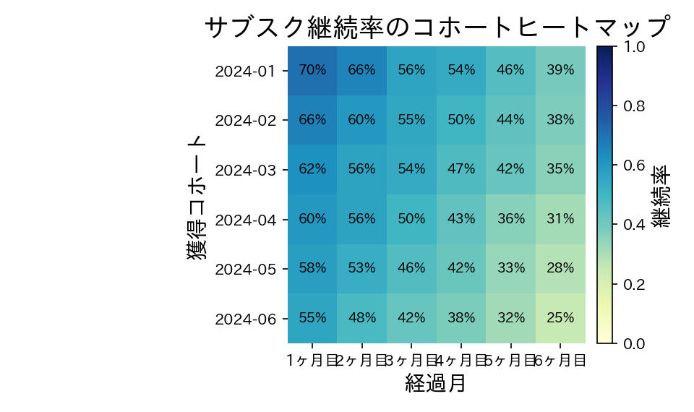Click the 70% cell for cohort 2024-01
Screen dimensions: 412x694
point(312,70)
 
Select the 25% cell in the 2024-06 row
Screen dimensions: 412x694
point(560,318)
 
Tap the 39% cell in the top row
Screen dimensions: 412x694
point(560,70)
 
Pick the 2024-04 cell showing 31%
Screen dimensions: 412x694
point(560,219)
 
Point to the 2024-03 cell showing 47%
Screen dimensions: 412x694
point(461,169)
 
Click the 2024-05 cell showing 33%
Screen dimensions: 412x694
point(510,268)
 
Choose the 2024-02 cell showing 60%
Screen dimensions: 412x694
point(361,120)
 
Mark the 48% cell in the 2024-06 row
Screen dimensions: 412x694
point(361,318)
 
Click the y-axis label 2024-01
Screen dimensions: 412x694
point(245,71)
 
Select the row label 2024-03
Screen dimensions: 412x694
point(245,170)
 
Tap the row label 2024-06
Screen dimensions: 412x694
point(245,319)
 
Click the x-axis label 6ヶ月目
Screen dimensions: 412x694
point(561,359)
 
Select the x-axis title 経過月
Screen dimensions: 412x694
point(436,383)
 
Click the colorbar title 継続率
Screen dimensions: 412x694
point(664,195)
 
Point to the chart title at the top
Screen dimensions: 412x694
point(436,27)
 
